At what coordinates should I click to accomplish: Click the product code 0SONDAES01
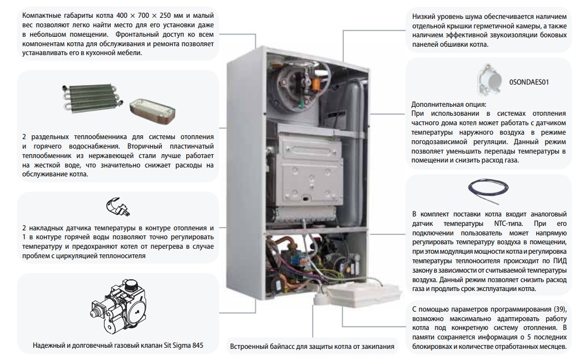click(x=529, y=82)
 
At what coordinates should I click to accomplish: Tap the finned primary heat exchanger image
click(x=90, y=97)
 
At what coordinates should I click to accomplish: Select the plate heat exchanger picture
click(x=152, y=110)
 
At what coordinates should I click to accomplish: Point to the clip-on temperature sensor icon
click(x=118, y=207)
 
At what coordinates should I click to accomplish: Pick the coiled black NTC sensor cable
click(x=488, y=191)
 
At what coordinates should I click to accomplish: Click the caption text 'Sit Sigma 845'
click(x=184, y=346)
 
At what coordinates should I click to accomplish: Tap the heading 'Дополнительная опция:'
click(x=449, y=105)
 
